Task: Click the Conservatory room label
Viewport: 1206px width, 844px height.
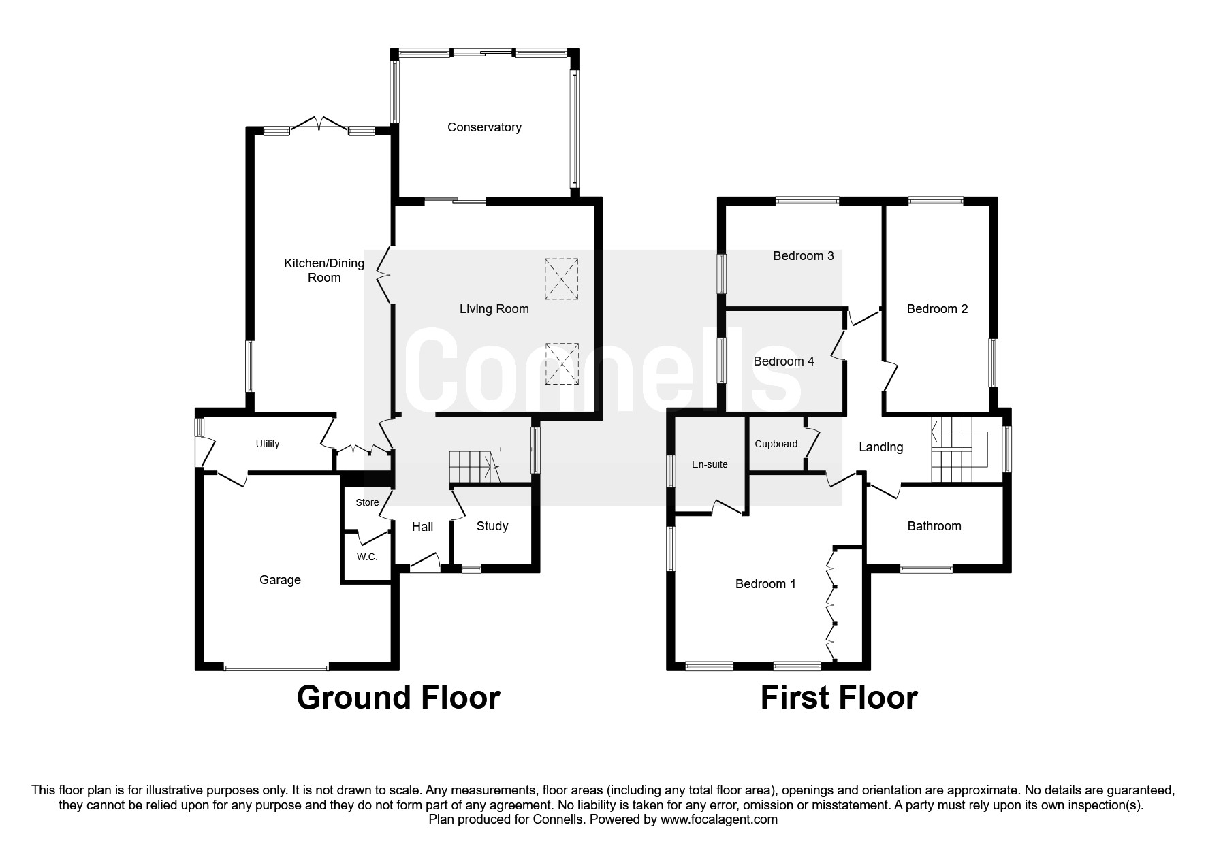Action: point(484,127)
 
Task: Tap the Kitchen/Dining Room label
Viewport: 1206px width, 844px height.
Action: point(324,270)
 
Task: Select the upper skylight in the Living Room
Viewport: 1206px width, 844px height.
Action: point(561,278)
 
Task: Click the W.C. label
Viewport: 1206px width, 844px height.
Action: point(367,557)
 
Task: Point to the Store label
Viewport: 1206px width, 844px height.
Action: point(367,502)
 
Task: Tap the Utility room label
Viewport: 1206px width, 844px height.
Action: point(268,444)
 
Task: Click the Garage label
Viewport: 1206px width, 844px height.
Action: point(280,580)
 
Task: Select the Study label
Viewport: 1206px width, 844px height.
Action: point(492,526)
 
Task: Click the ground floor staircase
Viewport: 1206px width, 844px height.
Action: point(475,468)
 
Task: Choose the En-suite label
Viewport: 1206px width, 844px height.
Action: point(710,464)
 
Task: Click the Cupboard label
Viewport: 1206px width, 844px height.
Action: point(776,444)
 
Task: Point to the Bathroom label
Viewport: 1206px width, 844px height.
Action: point(934,526)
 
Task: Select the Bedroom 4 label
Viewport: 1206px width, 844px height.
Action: point(784,361)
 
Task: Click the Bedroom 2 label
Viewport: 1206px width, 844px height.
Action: point(937,309)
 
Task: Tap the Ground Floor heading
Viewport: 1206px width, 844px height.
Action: point(398,698)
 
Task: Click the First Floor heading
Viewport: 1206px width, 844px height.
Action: point(839,698)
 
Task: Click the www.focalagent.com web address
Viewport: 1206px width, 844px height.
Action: point(719,819)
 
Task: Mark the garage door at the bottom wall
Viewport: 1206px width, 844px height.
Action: point(276,667)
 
